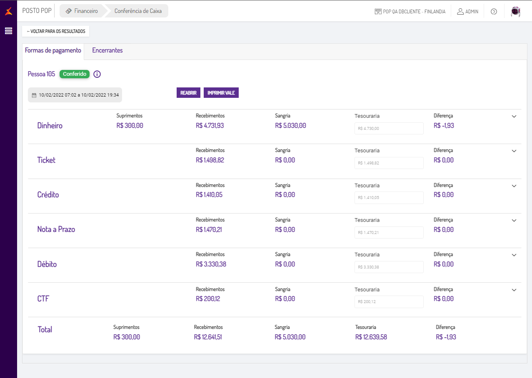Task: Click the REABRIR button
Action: pyautogui.click(x=188, y=93)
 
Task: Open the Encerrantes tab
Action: pyautogui.click(x=107, y=50)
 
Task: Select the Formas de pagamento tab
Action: pyautogui.click(x=53, y=50)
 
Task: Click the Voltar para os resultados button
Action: pyautogui.click(x=55, y=31)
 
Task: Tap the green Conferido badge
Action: pyautogui.click(x=75, y=74)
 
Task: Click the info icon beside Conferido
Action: pyautogui.click(x=97, y=74)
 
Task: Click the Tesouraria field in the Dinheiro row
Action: pyautogui.click(x=389, y=129)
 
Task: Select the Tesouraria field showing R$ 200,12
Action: pyautogui.click(x=389, y=302)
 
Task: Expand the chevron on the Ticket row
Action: pyautogui.click(x=514, y=151)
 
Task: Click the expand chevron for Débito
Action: pyautogui.click(x=514, y=255)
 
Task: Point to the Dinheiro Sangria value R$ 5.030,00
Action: pyautogui.click(x=290, y=125)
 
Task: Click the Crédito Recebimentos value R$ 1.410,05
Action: pyautogui.click(x=209, y=195)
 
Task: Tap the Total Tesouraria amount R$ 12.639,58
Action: pyautogui.click(x=371, y=337)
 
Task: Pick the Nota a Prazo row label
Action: pyautogui.click(x=56, y=229)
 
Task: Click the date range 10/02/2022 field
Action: pyautogui.click(x=75, y=95)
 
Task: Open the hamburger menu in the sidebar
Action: pyautogui.click(x=8, y=31)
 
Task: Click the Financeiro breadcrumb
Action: pyautogui.click(x=82, y=11)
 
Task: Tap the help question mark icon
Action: pyautogui.click(x=494, y=12)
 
